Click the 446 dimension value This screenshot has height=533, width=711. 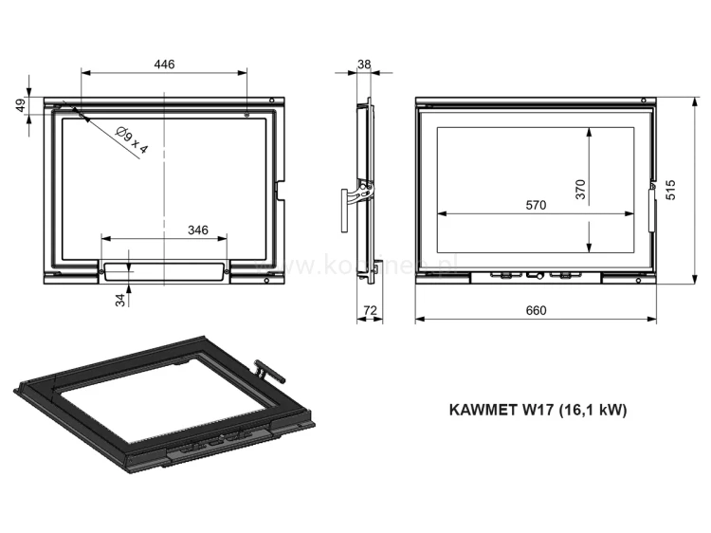(x=164, y=64)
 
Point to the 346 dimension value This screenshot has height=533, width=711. (x=197, y=230)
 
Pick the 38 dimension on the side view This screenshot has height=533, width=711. (x=365, y=64)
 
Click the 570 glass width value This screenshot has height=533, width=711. (x=536, y=206)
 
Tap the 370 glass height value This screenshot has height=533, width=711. (x=581, y=190)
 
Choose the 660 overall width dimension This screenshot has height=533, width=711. (x=536, y=311)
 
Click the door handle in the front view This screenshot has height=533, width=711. (x=652, y=209)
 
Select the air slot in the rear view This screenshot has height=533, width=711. (x=164, y=270)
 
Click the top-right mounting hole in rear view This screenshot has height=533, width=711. (x=247, y=115)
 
